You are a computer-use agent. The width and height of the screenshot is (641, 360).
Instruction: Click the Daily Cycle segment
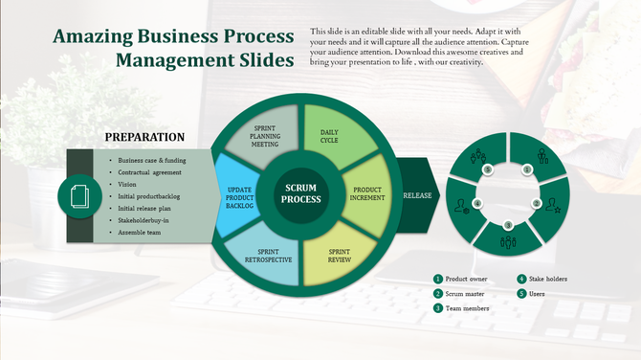pos(329,137)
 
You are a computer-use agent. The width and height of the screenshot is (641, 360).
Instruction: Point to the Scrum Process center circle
pos(299,194)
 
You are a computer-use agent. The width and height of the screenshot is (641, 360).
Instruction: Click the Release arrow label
pos(417,195)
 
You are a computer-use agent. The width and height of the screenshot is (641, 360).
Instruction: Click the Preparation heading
pos(144,137)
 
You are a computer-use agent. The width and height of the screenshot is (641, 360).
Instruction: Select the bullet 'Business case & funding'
pos(152,160)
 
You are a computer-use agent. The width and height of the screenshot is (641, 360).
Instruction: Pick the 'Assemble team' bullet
pos(140,233)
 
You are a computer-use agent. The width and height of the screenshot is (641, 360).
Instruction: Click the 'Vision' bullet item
pos(127,184)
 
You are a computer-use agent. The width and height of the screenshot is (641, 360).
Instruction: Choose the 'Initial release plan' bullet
pos(144,208)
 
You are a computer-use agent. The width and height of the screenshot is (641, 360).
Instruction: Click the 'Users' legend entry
pos(537,293)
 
